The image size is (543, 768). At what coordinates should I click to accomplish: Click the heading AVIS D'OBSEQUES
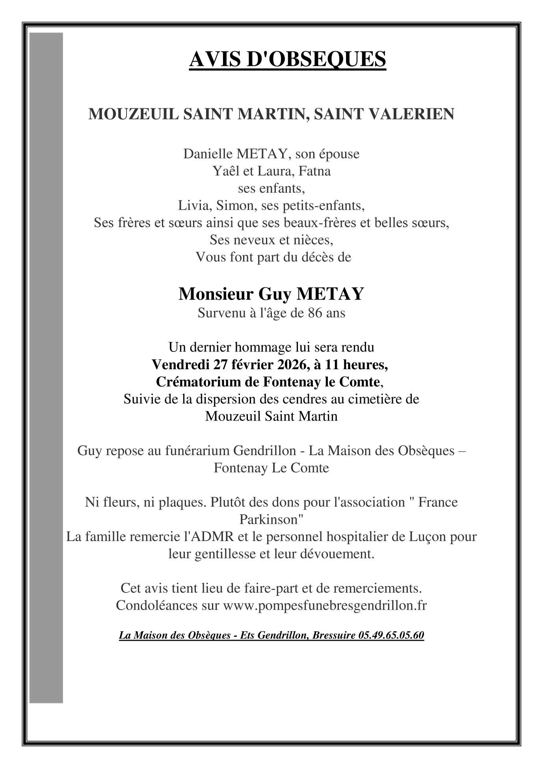287,60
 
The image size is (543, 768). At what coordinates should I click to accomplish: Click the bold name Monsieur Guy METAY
271,294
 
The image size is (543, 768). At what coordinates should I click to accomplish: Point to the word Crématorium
193,382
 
